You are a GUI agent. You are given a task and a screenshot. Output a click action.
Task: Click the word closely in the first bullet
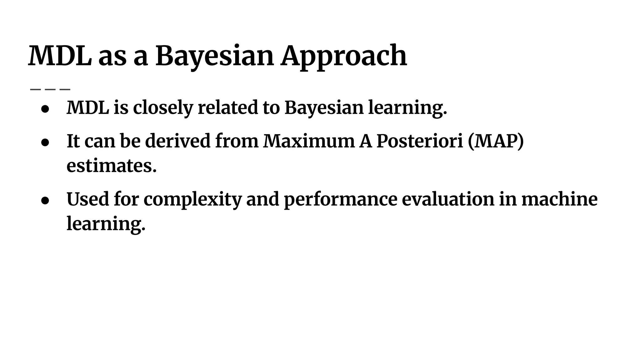[163, 107]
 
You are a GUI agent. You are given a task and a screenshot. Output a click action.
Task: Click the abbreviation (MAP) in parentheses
[496, 141]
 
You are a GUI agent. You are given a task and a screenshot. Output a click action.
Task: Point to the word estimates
[111, 166]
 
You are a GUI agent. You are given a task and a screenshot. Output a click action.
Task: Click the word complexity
[192, 200]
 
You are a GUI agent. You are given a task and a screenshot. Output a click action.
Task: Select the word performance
[340, 200]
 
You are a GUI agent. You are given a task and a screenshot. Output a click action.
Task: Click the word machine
[560, 199]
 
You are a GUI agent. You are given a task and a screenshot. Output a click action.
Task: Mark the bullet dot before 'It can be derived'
[45, 143]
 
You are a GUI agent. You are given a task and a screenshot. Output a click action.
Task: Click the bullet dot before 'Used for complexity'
[45, 201]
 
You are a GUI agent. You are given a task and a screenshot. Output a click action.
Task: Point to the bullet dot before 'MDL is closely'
[45, 109]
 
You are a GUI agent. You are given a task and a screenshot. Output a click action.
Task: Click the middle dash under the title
[50, 89]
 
